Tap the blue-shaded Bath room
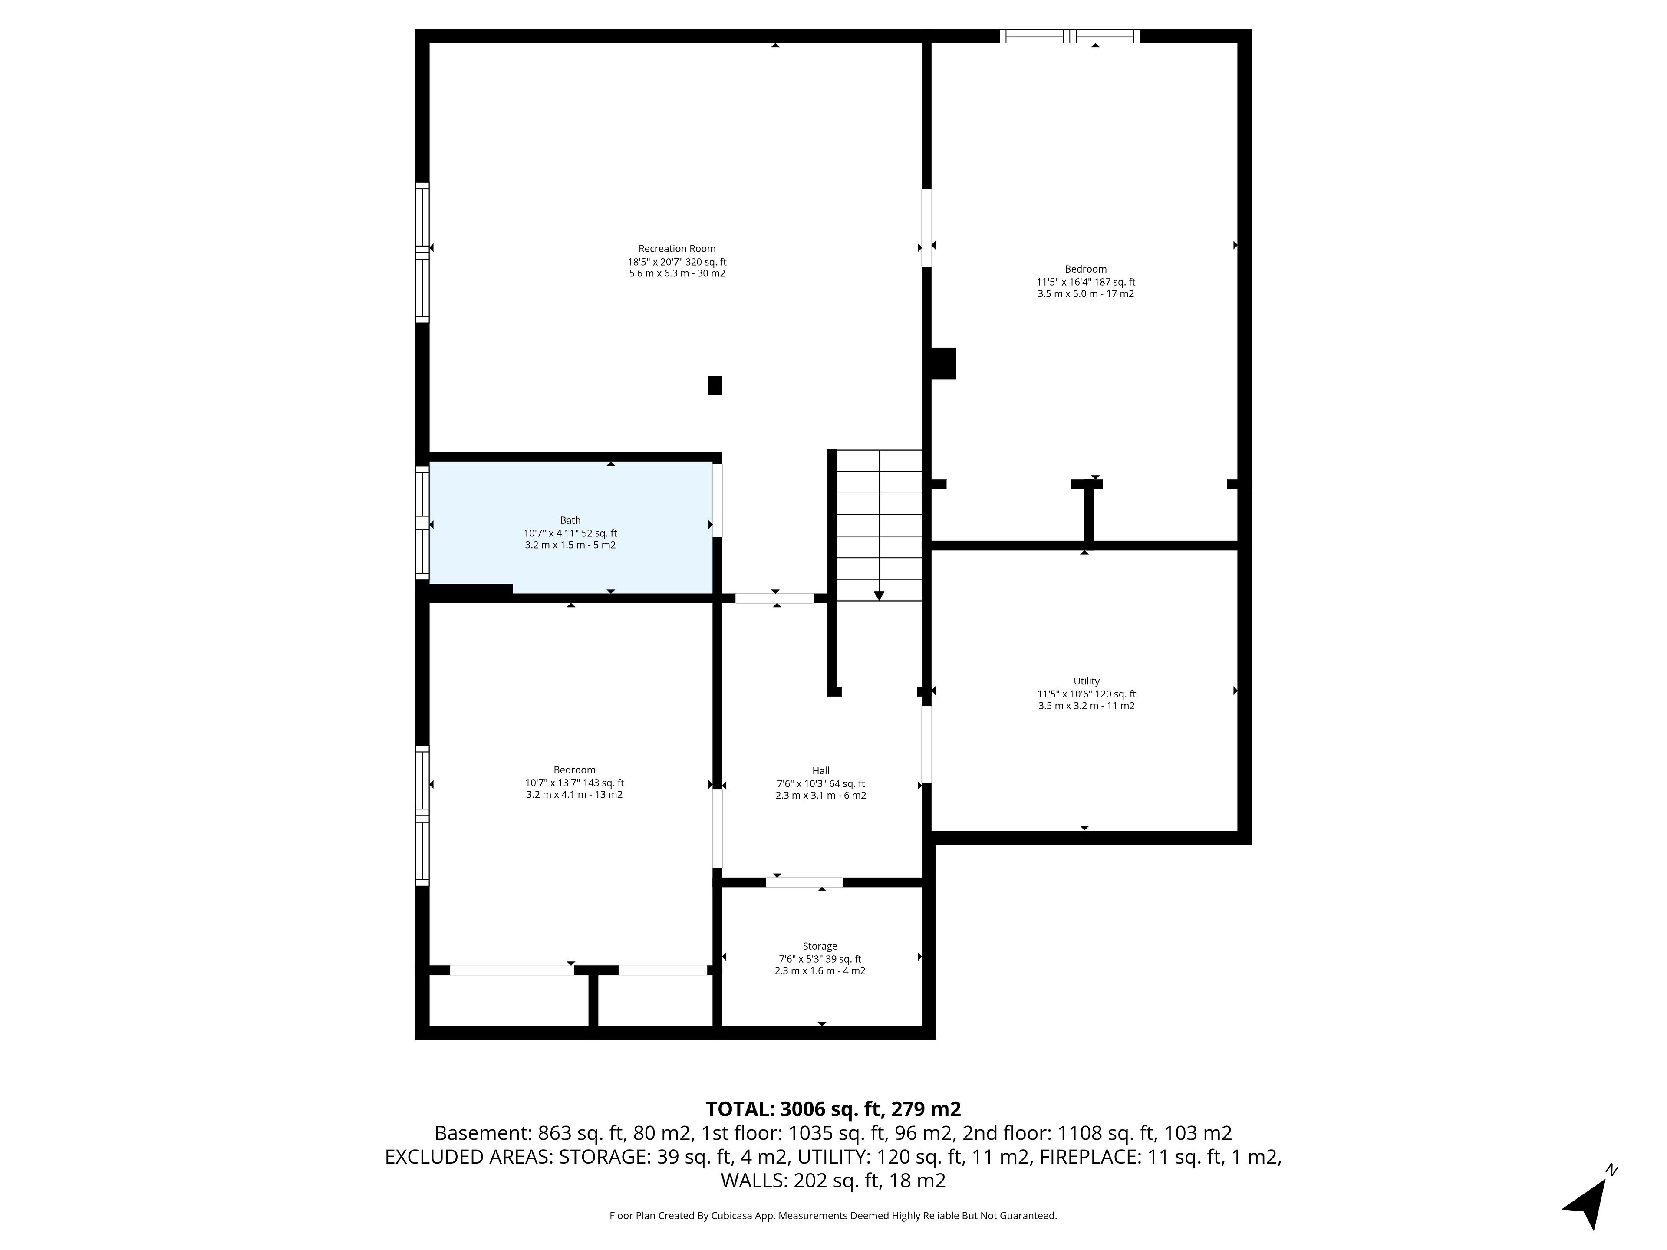570,527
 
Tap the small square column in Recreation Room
715,386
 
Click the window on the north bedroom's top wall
1069,36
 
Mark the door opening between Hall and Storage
804,882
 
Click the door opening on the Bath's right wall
718,500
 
